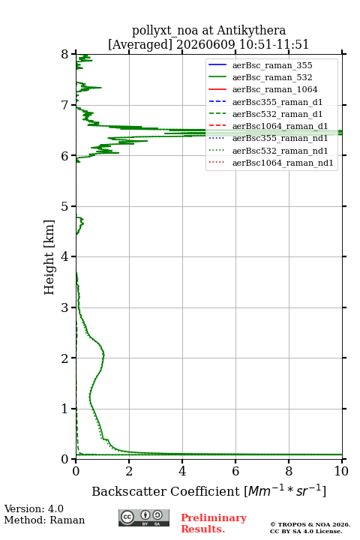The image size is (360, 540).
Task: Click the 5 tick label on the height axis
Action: click(x=65, y=206)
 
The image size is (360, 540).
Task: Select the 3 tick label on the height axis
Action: click(x=65, y=307)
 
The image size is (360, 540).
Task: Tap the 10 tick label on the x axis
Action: click(x=341, y=471)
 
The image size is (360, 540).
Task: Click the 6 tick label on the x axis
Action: click(x=235, y=471)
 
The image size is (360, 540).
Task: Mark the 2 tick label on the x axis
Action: click(x=129, y=471)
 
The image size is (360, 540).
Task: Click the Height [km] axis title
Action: click(x=49, y=257)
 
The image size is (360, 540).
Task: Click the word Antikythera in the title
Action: click(x=251, y=30)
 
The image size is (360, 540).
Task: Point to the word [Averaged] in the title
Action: click(x=140, y=44)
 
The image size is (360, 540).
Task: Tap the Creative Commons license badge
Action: click(x=144, y=518)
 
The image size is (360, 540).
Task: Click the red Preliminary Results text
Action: click(x=214, y=523)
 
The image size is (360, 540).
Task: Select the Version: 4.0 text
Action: click(x=34, y=508)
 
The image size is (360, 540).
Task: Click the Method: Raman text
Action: click(x=44, y=520)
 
